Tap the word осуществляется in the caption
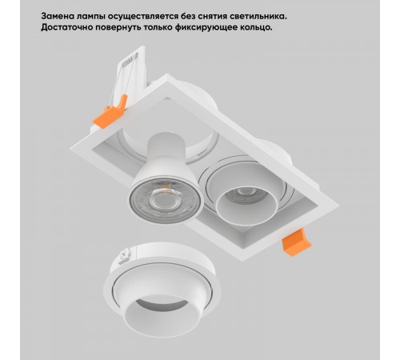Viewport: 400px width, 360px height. pos(138,15)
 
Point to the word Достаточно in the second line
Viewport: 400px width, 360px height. pos(52,27)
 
